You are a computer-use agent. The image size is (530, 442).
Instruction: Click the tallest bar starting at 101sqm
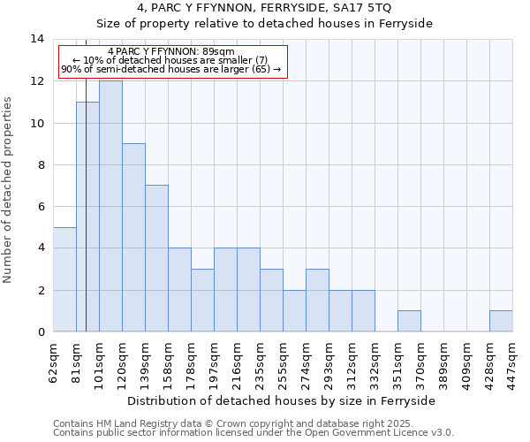[110, 206]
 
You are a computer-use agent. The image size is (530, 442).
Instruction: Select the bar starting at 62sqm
[64, 279]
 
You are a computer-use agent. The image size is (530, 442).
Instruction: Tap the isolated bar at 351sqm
[409, 321]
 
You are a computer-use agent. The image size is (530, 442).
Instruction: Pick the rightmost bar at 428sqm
[501, 321]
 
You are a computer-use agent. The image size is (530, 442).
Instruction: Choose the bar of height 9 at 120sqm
[133, 238]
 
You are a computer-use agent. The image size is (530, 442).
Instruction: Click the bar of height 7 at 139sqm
[156, 258]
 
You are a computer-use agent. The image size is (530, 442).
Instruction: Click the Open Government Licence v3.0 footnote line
[253, 433]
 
